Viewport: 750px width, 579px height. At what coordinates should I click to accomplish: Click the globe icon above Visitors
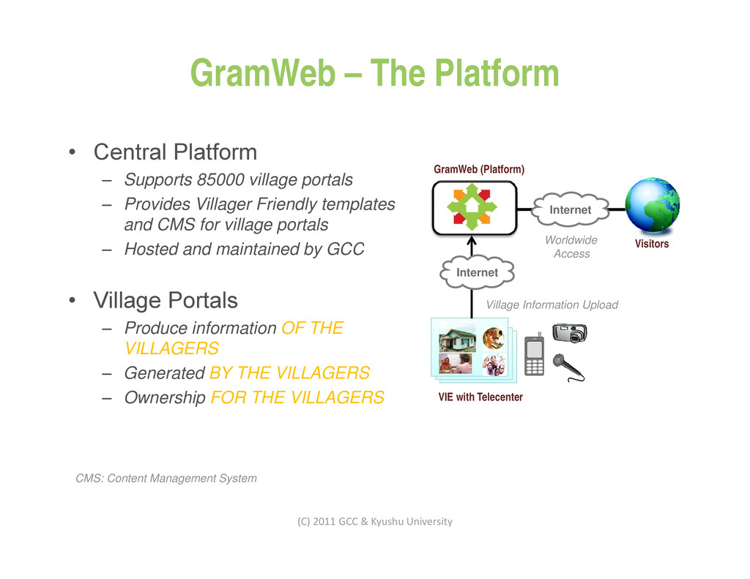pyautogui.click(x=652, y=205)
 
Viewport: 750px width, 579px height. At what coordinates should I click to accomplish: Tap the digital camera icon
pyautogui.click(x=570, y=332)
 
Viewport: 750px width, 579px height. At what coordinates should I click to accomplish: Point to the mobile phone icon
pyautogui.click(x=535, y=354)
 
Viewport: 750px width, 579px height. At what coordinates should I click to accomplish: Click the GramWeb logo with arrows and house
pyautogui.click(x=473, y=207)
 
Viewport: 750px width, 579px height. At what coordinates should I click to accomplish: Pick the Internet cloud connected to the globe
pyautogui.click(x=570, y=210)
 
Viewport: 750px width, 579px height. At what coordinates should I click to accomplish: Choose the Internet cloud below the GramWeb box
pyautogui.click(x=477, y=272)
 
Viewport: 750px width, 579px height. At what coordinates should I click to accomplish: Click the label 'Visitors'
pyautogui.click(x=651, y=244)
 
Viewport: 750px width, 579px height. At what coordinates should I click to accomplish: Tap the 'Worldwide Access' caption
pyautogui.click(x=571, y=247)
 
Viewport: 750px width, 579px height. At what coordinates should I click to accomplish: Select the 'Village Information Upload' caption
pyautogui.click(x=552, y=305)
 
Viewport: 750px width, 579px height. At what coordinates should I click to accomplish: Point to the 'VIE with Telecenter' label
pyautogui.click(x=480, y=397)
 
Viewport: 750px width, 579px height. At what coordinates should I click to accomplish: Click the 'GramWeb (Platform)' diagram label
pyautogui.click(x=479, y=169)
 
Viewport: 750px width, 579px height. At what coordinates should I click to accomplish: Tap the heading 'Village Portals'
pyautogui.click(x=165, y=300)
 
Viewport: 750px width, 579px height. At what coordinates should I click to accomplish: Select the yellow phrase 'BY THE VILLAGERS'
pyautogui.click(x=289, y=373)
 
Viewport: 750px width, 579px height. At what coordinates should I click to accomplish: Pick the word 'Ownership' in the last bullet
pyautogui.click(x=164, y=397)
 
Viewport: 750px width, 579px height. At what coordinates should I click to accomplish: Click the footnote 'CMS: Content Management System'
pyautogui.click(x=166, y=478)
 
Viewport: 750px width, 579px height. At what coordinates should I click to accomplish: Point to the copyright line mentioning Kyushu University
pyautogui.click(x=374, y=521)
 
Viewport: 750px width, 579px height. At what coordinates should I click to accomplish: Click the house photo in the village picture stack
pyautogui.click(x=457, y=339)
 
